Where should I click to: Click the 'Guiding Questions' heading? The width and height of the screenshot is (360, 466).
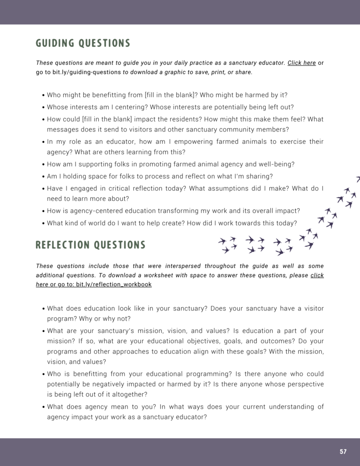click(x=83, y=44)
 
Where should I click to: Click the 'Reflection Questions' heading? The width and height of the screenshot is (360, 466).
click(x=91, y=245)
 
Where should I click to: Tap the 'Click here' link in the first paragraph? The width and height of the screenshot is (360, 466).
click(x=301, y=63)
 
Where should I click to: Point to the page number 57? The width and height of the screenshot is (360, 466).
click(x=343, y=452)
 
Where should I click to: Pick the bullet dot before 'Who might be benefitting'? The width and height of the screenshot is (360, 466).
click(x=43, y=96)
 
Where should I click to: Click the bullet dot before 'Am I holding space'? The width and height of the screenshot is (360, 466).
click(x=43, y=177)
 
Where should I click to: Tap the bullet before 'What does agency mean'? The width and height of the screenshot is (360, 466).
click(x=43, y=407)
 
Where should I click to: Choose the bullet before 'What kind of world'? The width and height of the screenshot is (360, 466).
click(x=43, y=223)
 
